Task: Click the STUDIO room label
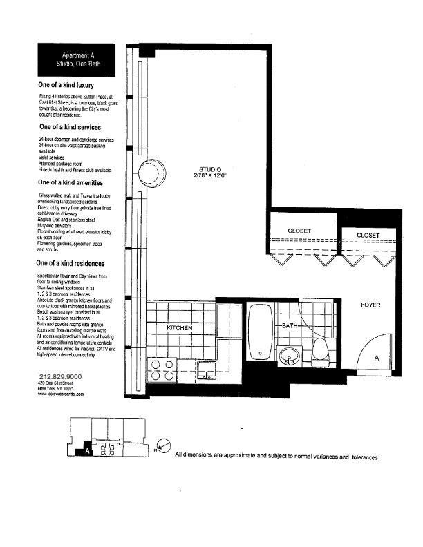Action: click(x=211, y=169)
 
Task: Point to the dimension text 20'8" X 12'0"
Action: click(x=211, y=177)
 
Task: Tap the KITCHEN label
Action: click(x=179, y=328)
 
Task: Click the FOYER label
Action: click(x=371, y=305)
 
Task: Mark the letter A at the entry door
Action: click(x=376, y=358)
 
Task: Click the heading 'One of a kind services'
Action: click(x=70, y=128)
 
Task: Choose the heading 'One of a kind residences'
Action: click(x=72, y=264)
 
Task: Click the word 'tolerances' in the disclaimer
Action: click(x=364, y=457)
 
